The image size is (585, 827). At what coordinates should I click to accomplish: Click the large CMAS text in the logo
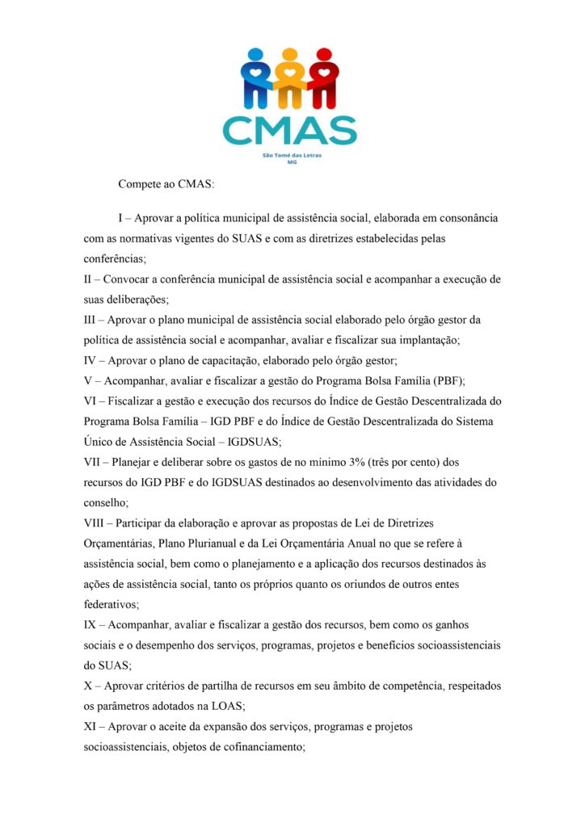pos(289,130)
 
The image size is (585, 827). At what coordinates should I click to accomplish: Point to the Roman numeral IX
pos(91,626)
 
